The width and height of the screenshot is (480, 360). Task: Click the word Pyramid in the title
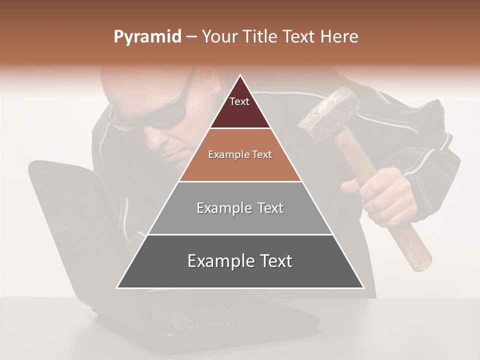click(147, 37)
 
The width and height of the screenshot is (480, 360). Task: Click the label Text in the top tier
click(239, 101)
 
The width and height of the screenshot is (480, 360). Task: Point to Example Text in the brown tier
click(240, 154)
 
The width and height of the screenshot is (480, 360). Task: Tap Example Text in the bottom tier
click(240, 261)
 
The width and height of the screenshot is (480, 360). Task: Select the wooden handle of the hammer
click(410, 240)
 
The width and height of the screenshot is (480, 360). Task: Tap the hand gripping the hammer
click(385, 197)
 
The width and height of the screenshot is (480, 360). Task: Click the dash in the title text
click(190, 37)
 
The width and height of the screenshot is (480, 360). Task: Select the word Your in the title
click(218, 37)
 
